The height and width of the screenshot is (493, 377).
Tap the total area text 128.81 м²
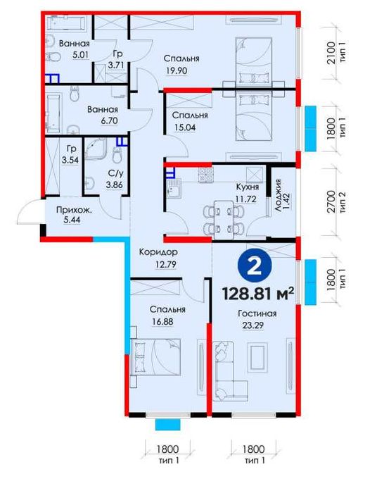(258, 294)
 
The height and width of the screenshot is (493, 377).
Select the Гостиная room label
(257, 313)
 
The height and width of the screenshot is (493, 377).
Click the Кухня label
(248, 187)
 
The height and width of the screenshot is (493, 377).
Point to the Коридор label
(158, 252)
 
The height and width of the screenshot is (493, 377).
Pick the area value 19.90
(177, 70)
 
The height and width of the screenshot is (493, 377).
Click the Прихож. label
(74, 210)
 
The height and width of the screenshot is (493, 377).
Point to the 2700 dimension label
(331, 201)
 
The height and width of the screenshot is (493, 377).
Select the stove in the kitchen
(205, 175)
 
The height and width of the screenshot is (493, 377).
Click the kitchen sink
(174, 189)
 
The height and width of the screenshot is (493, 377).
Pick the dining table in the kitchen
(224, 220)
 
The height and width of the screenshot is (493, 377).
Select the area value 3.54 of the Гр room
(70, 160)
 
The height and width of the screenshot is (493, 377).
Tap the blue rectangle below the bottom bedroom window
(167, 425)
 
